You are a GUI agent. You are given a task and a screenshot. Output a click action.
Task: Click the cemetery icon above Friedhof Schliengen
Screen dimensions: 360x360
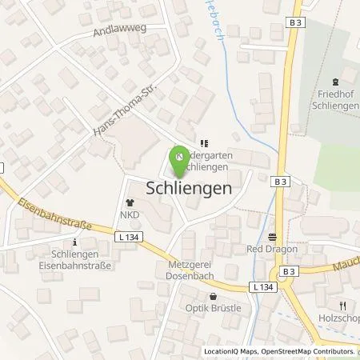pyautogui.click(x=337, y=81)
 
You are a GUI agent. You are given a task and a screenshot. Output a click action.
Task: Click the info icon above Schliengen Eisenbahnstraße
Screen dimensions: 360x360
pyautogui.click(x=74, y=242)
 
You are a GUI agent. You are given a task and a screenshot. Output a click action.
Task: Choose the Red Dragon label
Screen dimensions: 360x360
pyautogui.click(x=272, y=249)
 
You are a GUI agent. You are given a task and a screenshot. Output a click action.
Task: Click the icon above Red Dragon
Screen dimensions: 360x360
pyautogui.click(x=272, y=237)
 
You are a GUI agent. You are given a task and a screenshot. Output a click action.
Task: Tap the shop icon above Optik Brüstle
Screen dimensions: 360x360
pyautogui.click(x=214, y=295)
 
